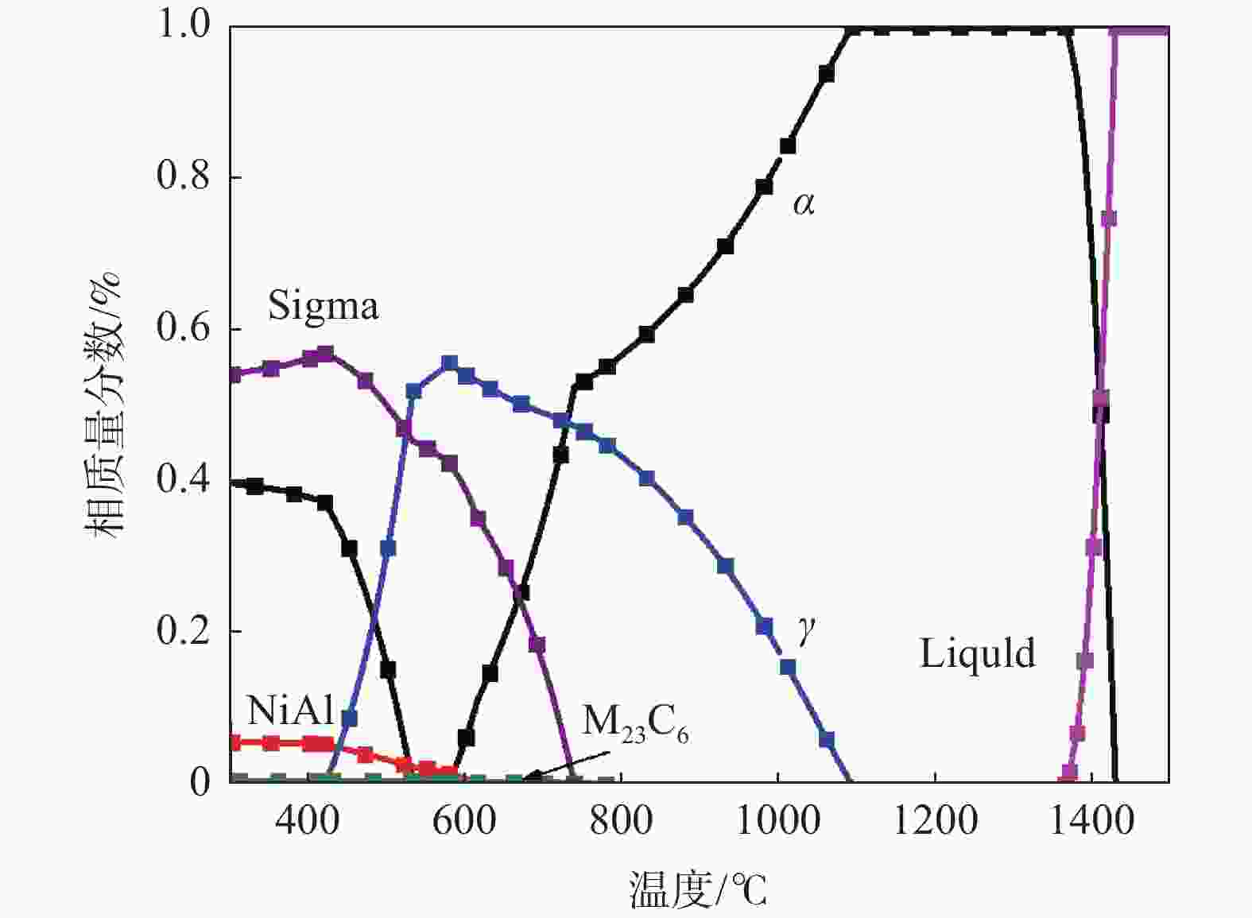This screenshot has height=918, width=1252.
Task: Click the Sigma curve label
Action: pyautogui.click(x=323, y=306)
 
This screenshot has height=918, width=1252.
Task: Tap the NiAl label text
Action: pyautogui.click(x=289, y=710)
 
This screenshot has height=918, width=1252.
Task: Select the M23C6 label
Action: pyautogui.click(x=635, y=723)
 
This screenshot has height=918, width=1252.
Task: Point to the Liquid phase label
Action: pyautogui.click(x=978, y=653)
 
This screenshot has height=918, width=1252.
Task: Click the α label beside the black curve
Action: pyautogui.click(x=804, y=204)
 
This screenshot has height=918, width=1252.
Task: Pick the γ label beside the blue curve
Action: pyautogui.click(x=807, y=633)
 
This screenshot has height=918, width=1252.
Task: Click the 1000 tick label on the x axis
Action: pyautogui.click(x=777, y=819)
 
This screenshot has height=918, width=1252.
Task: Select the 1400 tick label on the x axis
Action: pyautogui.click(x=1091, y=819)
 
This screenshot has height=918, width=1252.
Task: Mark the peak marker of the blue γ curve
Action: pyautogui.click(x=450, y=363)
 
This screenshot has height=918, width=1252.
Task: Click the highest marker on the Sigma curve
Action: pyautogui.click(x=325, y=354)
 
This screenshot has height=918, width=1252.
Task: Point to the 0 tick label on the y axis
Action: pyautogui.click(x=200, y=782)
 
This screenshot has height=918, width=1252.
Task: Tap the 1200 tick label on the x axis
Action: pyautogui.click(x=935, y=819)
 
